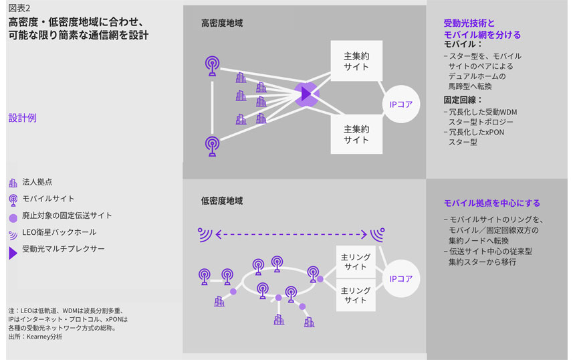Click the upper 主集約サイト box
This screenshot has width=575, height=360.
pos(356,61)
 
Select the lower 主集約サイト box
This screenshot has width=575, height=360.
pos(356,134)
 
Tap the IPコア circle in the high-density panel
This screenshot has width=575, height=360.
pos(400,104)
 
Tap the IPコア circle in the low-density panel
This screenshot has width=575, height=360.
pos(400,278)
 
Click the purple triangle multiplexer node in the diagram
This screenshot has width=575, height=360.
pos(306,94)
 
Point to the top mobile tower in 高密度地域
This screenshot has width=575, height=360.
pos(213,66)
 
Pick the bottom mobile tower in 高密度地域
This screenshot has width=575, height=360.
pos(213,147)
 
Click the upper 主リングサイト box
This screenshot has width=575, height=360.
pos(356,262)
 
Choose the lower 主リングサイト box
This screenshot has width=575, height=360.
pos(356,295)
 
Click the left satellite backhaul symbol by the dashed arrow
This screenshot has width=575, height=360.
pos(205,234)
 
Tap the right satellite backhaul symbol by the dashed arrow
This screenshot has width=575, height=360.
pos(377,234)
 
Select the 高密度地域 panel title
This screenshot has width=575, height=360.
pos(222,23)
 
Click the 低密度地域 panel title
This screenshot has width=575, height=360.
pos(222,201)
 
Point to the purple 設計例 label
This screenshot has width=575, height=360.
pos(22,118)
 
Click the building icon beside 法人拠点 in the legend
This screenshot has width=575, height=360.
pos(13,183)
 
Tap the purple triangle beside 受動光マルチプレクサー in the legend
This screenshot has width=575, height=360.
pos(13,253)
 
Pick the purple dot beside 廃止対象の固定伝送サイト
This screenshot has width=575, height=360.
pos(13,218)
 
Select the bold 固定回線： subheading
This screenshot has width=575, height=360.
pos(463,100)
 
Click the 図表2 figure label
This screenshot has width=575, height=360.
pos(19,8)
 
